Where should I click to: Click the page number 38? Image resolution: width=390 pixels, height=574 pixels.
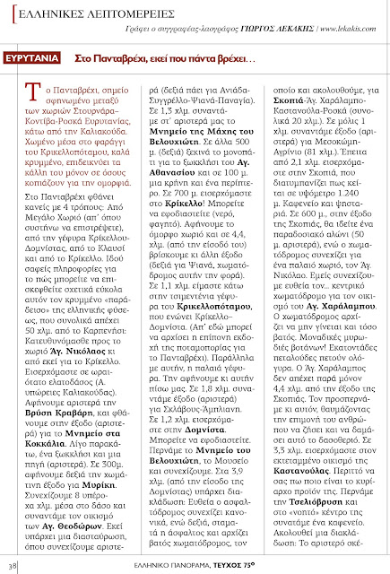(x=14, y=565)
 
